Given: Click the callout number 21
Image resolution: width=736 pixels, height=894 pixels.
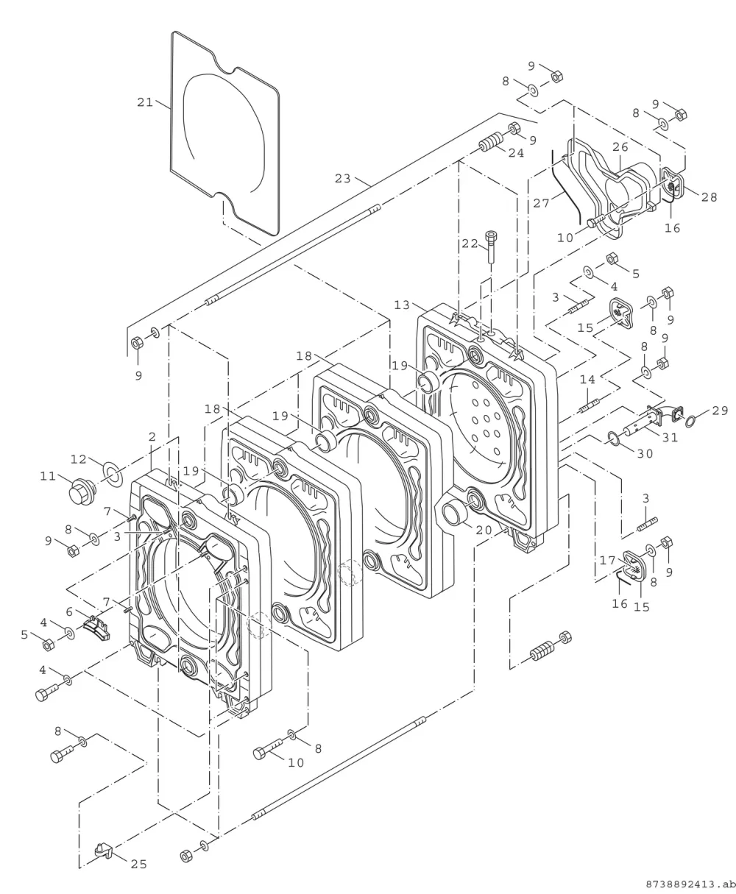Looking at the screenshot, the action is point(145,102).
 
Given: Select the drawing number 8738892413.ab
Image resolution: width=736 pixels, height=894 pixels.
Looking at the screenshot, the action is point(691,884).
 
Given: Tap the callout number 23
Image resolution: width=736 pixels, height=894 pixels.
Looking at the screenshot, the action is point(343,179).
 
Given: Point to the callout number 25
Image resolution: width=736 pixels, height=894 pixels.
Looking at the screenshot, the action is point(138,865).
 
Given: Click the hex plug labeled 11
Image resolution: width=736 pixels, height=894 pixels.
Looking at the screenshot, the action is point(82,492).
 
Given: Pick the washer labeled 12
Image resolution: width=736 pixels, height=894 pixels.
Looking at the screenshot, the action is point(113,475).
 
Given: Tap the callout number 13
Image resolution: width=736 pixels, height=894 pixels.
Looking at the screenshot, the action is point(402,305).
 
